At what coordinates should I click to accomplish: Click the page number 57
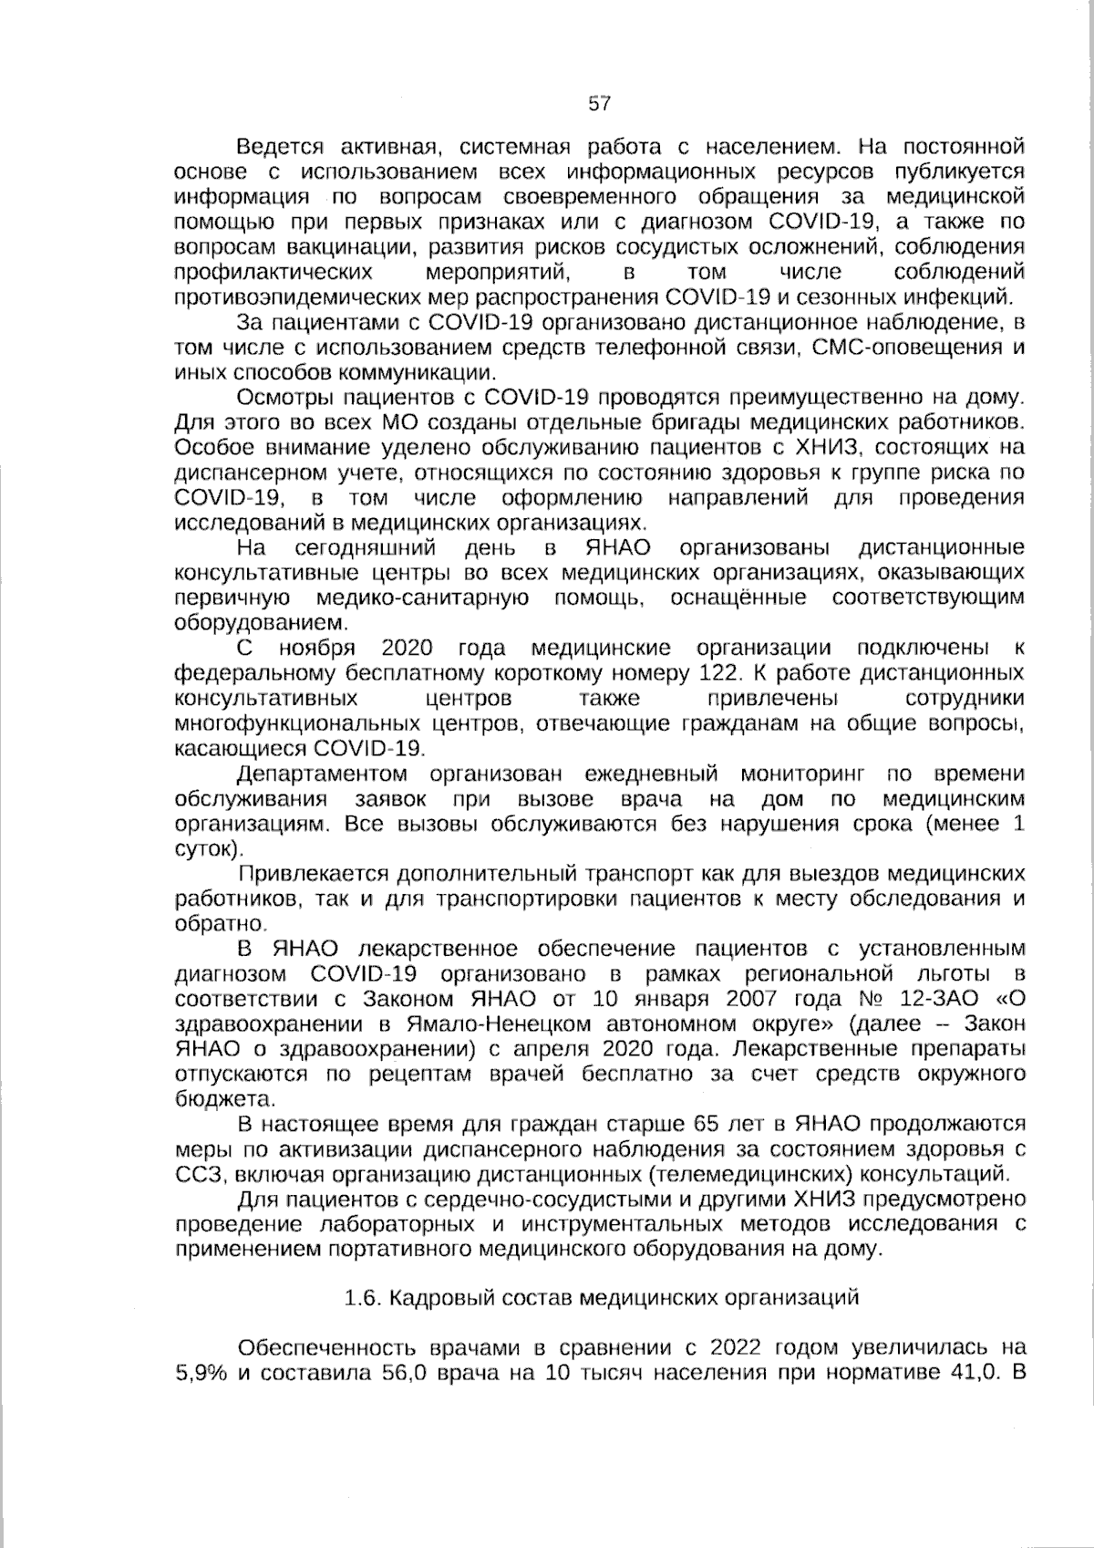599,103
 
